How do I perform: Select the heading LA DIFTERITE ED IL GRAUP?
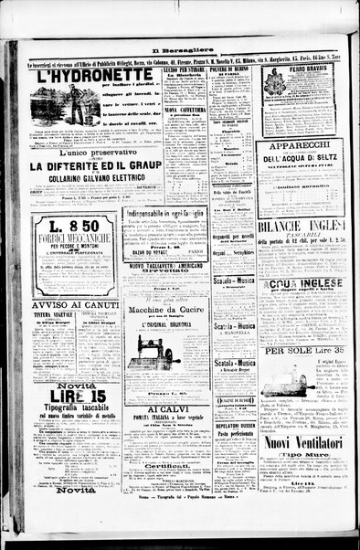pos(87,165)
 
